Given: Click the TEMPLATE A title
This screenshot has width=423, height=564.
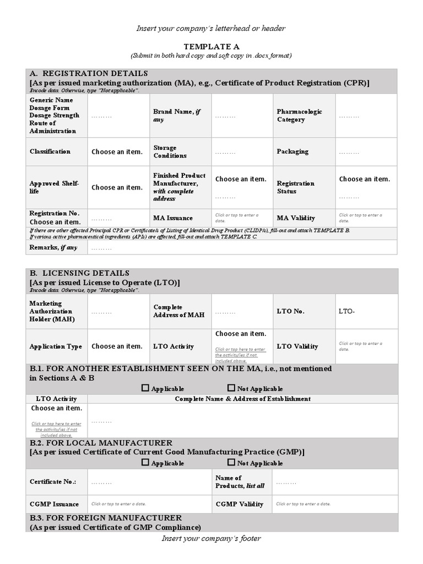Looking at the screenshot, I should [x=211, y=47].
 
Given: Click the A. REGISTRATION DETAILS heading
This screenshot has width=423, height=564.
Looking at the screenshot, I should [x=89, y=73].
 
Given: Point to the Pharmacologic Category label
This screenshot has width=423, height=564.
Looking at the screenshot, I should [x=299, y=116].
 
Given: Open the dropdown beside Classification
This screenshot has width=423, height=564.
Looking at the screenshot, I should [x=117, y=152].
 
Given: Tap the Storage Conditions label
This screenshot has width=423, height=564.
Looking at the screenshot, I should [x=170, y=152].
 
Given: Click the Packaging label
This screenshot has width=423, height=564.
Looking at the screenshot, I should [x=292, y=151].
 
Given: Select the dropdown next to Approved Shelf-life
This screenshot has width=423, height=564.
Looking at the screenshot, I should [x=117, y=187].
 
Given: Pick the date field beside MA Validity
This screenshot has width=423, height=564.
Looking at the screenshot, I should [x=361, y=217].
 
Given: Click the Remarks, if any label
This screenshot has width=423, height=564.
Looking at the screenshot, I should [x=53, y=248].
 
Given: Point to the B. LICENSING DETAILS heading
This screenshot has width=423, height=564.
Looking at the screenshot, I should [x=79, y=273].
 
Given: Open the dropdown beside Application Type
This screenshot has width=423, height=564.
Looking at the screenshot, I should [x=117, y=346].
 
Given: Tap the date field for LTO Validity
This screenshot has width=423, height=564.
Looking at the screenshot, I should [x=361, y=346].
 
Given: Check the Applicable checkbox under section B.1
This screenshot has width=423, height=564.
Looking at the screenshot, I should [x=145, y=388].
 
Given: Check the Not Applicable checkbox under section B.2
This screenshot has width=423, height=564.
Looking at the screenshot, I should [x=231, y=463].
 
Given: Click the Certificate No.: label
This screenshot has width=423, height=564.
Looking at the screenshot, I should [x=53, y=482].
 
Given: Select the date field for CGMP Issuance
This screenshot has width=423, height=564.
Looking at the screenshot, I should [x=119, y=504].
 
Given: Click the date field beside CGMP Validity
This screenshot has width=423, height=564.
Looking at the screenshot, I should [x=303, y=504].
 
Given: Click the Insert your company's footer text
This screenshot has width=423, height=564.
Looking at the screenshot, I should [x=211, y=539].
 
